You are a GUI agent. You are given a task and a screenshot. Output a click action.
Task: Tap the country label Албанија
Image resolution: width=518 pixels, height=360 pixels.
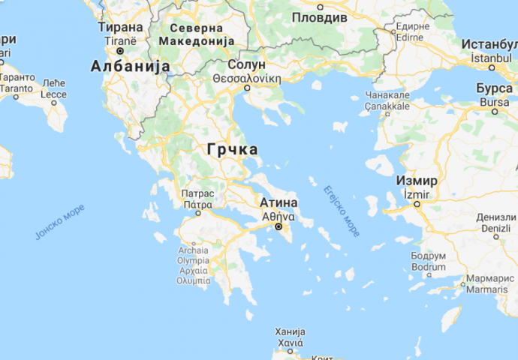(x=130, y=67)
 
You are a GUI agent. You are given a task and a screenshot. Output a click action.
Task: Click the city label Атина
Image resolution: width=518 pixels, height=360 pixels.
(x=279, y=203)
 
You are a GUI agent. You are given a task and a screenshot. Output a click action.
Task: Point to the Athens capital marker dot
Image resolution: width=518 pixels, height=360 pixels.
(x=279, y=226)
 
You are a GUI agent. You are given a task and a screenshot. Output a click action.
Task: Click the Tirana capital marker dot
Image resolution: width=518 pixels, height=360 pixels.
(x=120, y=51)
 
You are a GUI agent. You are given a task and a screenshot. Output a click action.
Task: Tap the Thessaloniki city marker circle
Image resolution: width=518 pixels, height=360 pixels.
(x=247, y=88)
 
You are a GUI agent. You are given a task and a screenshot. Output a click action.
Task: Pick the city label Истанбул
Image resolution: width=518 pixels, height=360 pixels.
(x=489, y=43)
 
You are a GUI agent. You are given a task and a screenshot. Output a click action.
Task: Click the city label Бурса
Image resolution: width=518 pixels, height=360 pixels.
(x=494, y=88)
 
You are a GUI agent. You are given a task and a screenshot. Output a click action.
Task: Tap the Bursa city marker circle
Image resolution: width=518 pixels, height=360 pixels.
(x=494, y=111)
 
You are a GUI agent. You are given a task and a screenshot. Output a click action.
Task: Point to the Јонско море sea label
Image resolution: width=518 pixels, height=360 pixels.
(x=60, y=222)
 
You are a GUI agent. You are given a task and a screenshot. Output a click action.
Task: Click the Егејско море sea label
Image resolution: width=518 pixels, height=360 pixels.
(x=342, y=210)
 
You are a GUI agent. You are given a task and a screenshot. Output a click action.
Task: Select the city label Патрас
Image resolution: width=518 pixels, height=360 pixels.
(x=197, y=193)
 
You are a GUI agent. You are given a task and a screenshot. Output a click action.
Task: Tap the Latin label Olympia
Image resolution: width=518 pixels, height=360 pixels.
(x=193, y=260)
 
